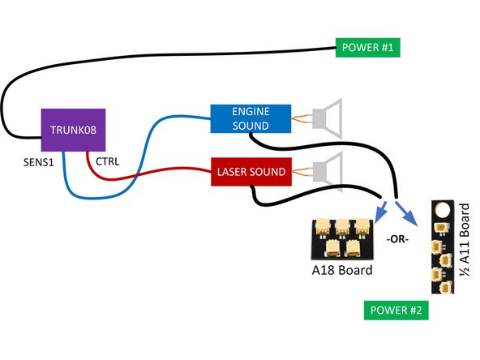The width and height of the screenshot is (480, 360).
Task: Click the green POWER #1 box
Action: click(x=366, y=47)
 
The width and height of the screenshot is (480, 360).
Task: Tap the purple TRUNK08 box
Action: click(x=71, y=130)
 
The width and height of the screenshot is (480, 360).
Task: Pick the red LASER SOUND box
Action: click(x=251, y=171)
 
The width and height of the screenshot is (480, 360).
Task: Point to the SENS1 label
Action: click(x=38, y=162)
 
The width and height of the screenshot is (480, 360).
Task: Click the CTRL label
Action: click(x=108, y=161)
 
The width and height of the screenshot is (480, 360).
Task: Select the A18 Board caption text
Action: click(x=341, y=270)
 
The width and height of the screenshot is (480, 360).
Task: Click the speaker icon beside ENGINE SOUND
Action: click(x=328, y=118)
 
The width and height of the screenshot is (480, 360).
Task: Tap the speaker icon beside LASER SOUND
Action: click(x=328, y=171)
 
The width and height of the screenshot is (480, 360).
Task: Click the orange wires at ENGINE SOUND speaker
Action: click(x=302, y=118)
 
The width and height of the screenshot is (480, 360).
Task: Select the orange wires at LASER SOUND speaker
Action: click(x=302, y=171)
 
